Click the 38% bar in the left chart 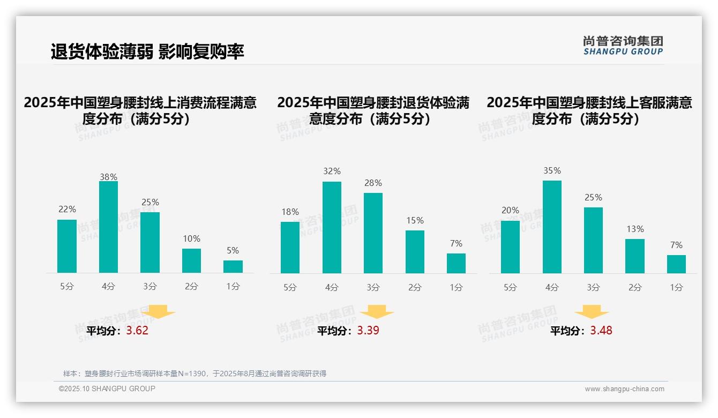pos(108,227)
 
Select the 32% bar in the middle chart pos(332,227)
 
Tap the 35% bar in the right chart pos(552,227)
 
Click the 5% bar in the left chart pos(233,266)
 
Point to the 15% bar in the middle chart pos(415,252)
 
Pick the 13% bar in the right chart pos(635,256)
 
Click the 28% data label pos(373,183)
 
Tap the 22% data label pos(67,210)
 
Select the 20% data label pos(510,211)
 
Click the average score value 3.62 pos(137,331)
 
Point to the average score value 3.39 pos(368,331)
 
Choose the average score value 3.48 pos(601,331)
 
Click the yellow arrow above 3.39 pos(377,313)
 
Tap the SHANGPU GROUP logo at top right pos(623,46)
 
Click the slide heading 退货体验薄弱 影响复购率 pos(147,51)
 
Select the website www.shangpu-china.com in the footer pos(624,389)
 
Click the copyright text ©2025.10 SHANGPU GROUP pos(107,389)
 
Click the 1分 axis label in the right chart pos(676,288)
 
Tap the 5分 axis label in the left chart pos(67,287)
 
